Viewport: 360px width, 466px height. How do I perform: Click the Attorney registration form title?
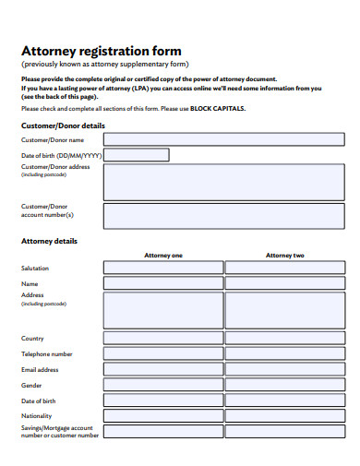click(x=101, y=51)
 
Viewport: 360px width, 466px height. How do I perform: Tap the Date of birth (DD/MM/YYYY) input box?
click(x=136, y=156)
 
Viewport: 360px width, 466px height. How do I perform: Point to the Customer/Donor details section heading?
click(x=63, y=125)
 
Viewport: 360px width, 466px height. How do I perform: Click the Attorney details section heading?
click(x=49, y=241)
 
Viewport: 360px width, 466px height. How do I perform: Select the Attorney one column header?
click(x=163, y=255)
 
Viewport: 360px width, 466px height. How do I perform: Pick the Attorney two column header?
click(x=284, y=255)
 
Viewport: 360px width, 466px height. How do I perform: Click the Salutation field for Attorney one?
click(x=163, y=268)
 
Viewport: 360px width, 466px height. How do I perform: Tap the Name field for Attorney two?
click(x=284, y=283)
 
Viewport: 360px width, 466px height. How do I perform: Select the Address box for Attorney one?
click(x=163, y=311)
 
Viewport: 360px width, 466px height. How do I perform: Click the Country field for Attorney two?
click(x=284, y=339)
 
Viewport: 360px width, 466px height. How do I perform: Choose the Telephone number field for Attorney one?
click(x=163, y=354)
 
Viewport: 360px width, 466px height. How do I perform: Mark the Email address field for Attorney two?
click(x=284, y=370)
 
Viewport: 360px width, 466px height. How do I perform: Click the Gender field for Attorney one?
click(x=163, y=385)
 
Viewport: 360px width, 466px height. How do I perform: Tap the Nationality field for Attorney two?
click(x=284, y=416)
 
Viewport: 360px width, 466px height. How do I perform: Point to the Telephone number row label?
click(x=47, y=354)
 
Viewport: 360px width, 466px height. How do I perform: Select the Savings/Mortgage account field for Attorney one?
click(x=163, y=432)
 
